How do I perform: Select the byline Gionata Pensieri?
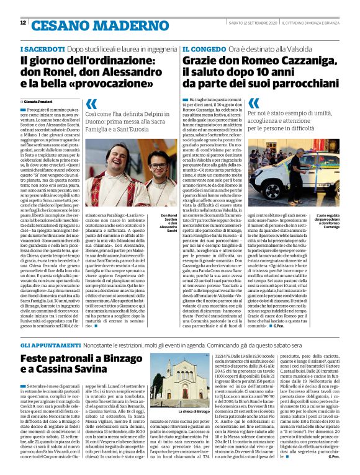point(42,100)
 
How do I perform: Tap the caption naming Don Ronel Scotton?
point(169,220)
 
